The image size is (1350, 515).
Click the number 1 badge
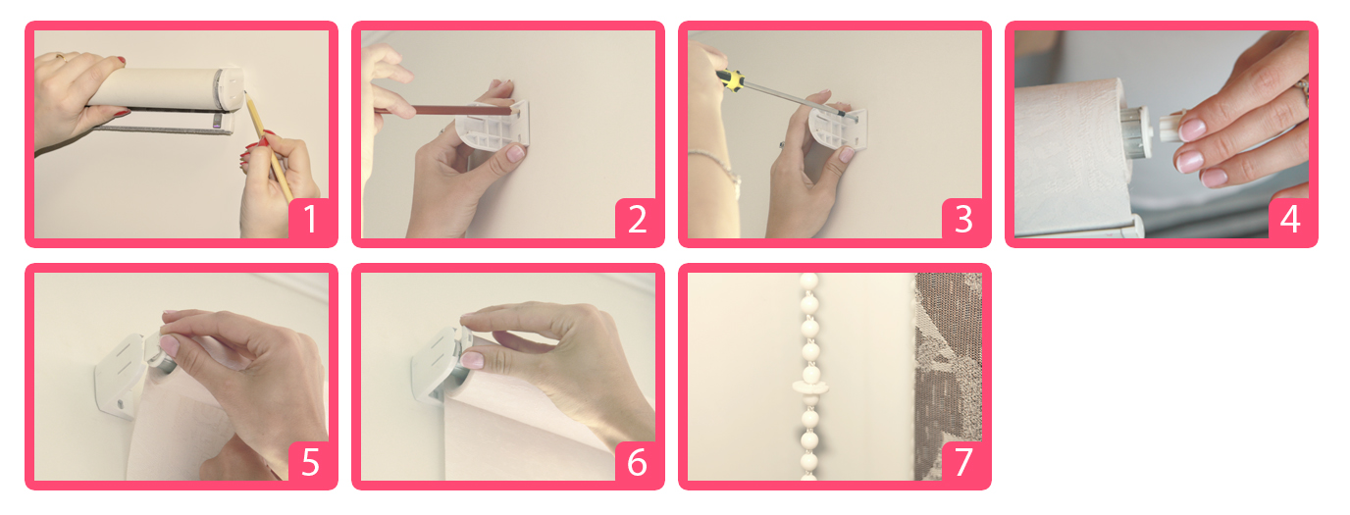[x=310, y=220]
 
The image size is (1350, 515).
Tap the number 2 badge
[x=637, y=220]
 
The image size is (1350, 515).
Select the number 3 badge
[x=963, y=220]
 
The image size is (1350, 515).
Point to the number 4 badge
[x=1290, y=220]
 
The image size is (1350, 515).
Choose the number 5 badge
[x=310, y=462]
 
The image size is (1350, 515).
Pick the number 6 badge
[x=637, y=462]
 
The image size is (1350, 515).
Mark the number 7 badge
[x=963, y=462]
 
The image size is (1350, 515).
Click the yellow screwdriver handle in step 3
[x=731, y=80]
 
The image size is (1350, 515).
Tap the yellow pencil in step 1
[x=268, y=144]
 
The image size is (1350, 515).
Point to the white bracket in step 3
[x=838, y=129]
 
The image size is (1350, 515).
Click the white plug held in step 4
[x=1172, y=126]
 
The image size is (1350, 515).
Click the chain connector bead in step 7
[x=809, y=386]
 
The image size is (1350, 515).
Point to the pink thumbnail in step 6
[x=473, y=360]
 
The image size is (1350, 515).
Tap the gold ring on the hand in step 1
[x=62, y=58]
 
